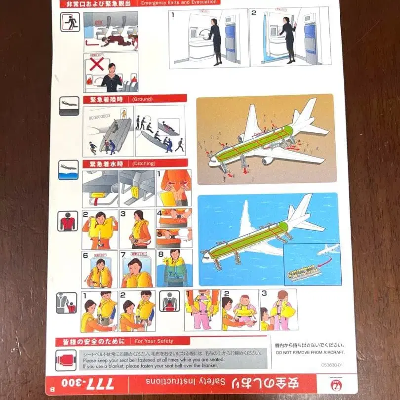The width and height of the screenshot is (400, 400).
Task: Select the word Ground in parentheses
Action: click(143, 99)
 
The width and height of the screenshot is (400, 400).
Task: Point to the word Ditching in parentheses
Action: click(144, 163)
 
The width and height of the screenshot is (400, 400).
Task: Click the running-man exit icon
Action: click(70, 22)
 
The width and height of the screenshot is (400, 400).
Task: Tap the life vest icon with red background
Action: click(68, 221)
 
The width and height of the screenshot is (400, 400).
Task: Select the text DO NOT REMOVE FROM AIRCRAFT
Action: click(310, 353)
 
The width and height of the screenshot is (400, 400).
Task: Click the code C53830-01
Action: click(332, 365)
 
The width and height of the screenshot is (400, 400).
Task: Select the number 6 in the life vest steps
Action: click(85, 255)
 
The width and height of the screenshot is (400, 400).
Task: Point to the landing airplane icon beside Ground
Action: click(69, 105)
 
